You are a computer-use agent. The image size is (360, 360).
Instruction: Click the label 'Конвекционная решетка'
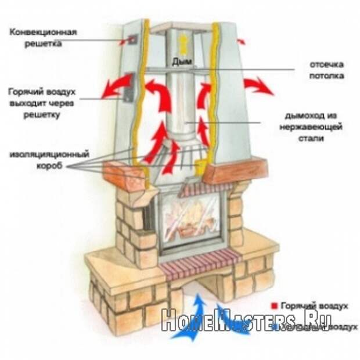click(44, 37)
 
